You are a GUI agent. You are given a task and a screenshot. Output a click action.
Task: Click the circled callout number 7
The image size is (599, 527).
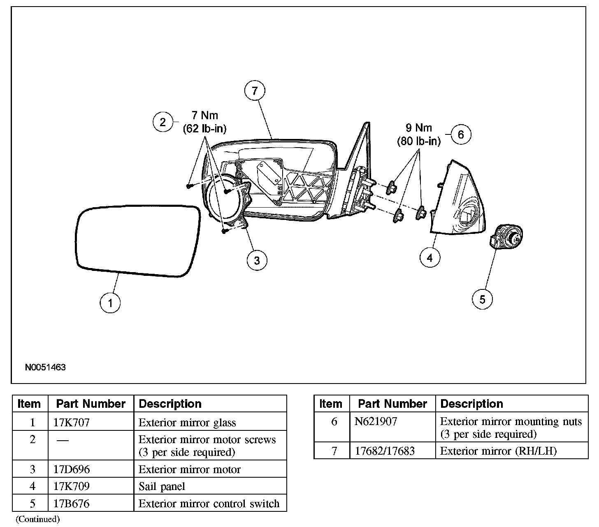point(255,91)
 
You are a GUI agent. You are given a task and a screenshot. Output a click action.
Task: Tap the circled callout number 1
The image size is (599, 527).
point(110,303)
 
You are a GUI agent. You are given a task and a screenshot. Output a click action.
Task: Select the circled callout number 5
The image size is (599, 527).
point(482,299)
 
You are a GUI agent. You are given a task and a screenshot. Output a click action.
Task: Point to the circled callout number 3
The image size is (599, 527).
point(257,260)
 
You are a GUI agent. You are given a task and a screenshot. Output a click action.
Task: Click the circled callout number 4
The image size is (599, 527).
point(430,258)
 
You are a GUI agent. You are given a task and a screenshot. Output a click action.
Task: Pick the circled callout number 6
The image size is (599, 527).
point(461,134)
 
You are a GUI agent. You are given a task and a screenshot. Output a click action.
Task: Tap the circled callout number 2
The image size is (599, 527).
point(163,122)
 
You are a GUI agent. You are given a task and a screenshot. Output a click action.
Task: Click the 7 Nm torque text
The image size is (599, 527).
point(205,116)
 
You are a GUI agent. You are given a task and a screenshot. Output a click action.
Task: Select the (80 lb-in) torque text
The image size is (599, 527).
point(418,141)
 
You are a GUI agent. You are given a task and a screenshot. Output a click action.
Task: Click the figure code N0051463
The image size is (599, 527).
point(45,368)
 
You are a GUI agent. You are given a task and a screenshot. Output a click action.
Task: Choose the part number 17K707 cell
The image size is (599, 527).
point(72,423)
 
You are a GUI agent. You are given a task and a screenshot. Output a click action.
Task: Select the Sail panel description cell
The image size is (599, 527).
point(162,487)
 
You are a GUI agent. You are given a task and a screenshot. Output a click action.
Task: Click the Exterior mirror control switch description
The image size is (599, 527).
point(209,504)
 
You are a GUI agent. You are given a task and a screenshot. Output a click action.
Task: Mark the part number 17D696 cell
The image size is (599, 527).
point(72,469)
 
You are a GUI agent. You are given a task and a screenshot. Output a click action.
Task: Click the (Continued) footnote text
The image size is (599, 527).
point(38,519)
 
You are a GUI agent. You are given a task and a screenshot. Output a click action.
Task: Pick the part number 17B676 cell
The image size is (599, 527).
point(72,504)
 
